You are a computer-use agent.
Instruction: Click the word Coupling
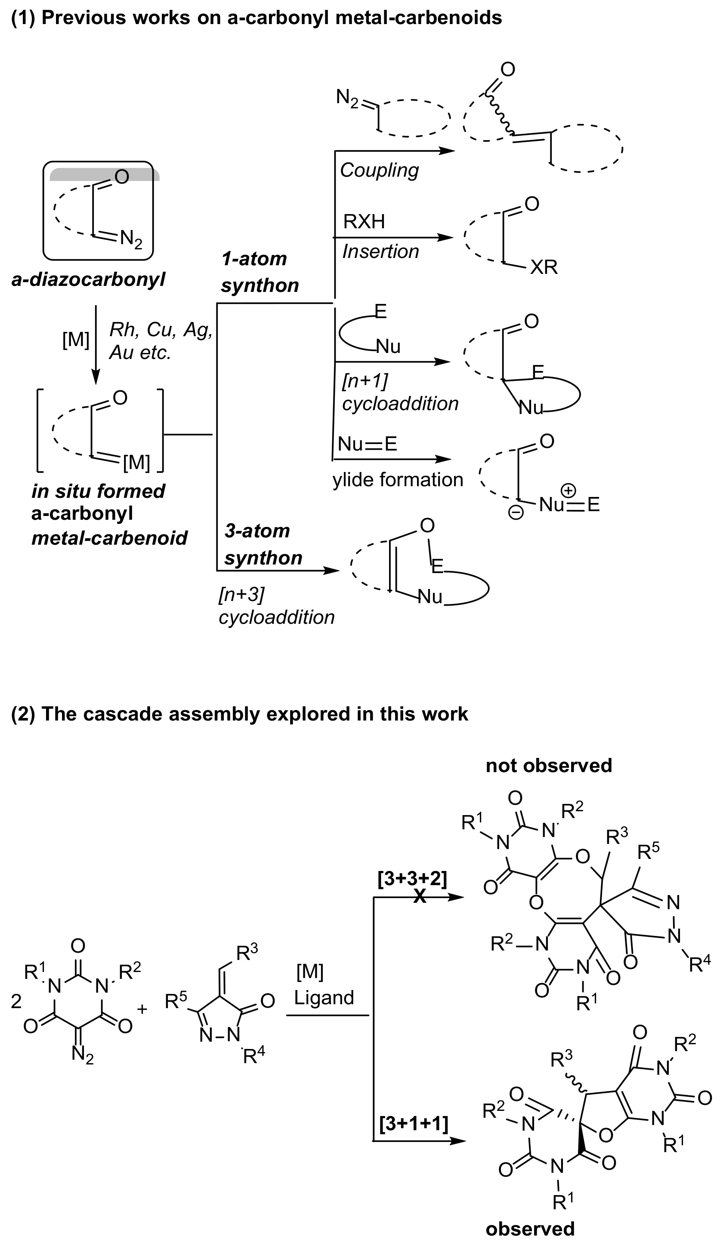pos(379,170)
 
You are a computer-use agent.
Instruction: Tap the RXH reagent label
pos(364,222)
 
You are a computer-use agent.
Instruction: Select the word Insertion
pos(380,252)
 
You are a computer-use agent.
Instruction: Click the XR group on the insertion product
pos(544,267)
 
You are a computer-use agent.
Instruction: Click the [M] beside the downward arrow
pos(76,340)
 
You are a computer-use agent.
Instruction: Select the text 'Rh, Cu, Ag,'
pos(161,330)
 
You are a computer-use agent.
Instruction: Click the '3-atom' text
pos(257,531)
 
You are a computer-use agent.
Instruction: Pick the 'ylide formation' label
pos(397,480)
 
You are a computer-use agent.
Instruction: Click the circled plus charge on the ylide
pos(569,491)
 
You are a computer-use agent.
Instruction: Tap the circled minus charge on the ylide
pos(515,513)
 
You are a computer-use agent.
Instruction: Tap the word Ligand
pos(324,997)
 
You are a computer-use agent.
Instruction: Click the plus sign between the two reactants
pos(142,1009)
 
